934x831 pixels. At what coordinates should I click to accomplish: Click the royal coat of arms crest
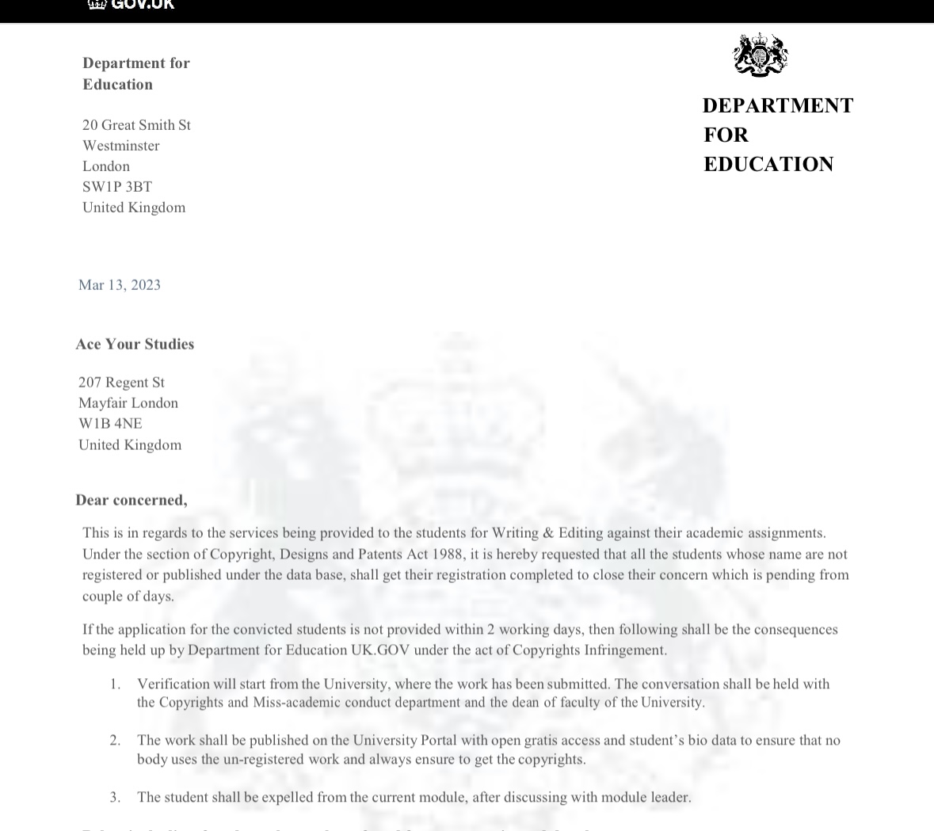[x=761, y=55]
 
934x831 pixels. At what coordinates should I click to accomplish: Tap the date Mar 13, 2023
[x=120, y=285]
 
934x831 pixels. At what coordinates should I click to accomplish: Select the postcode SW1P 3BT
[x=117, y=187]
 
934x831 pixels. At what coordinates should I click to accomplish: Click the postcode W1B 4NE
[x=110, y=424]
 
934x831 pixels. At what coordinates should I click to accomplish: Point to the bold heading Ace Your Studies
[x=135, y=344]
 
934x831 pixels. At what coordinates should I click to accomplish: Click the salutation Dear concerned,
[x=132, y=500]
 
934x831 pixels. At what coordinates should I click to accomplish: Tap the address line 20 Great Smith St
[x=136, y=125]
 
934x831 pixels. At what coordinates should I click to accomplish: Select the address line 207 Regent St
[x=121, y=383]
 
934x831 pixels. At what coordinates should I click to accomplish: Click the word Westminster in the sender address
[x=121, y=146]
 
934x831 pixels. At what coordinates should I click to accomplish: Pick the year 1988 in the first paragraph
[x=447, y=554]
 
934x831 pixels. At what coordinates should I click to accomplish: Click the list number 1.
[x=115, y=684]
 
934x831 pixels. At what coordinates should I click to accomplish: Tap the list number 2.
[x=115, y=740]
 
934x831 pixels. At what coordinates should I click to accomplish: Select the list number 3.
[x=115, y=797]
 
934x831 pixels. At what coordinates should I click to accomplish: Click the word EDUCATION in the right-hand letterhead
[x=768, y=164]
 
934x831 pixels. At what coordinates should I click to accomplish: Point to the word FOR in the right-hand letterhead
[x=726, y=135]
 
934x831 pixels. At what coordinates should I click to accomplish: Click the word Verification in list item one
[x=173, y=684]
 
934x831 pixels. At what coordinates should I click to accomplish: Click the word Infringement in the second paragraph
[x=625, y=650]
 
